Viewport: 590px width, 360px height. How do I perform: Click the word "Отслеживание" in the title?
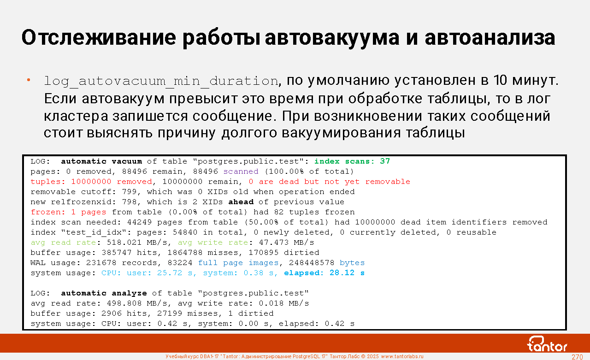click(99, 38)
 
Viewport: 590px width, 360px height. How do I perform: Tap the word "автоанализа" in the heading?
click(490, 38)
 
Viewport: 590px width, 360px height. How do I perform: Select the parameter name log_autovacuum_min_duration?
click(161, 81)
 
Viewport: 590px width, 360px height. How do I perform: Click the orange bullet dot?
click(29, 80)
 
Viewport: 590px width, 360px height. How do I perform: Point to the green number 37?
click(385, 161)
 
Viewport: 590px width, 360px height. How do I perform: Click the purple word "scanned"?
click(241, 171)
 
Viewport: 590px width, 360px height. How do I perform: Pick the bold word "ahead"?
click(241, 202)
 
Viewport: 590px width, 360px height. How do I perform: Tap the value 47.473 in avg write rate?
click(274, 242)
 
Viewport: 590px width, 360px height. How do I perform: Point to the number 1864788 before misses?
click(185, 253)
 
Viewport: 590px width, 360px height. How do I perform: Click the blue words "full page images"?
click(238, 263)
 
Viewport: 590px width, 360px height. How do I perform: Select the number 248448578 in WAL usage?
click(312, 263)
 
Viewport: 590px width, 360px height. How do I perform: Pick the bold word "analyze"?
click(129, 293)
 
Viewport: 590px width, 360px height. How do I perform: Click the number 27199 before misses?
click(170, 313)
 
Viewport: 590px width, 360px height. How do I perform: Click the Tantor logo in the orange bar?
click(547, 344)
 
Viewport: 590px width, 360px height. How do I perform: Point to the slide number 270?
click(577, 357)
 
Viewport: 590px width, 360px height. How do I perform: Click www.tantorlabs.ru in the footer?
click(402, 356)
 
